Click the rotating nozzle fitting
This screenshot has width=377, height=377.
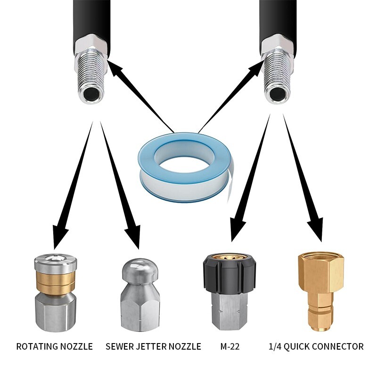56,294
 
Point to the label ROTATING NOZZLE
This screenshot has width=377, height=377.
55,346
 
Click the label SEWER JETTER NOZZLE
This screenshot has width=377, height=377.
154,346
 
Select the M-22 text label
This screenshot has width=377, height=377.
230,346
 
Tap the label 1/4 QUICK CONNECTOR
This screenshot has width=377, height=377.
316,346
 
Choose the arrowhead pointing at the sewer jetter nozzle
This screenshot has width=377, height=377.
133,236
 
